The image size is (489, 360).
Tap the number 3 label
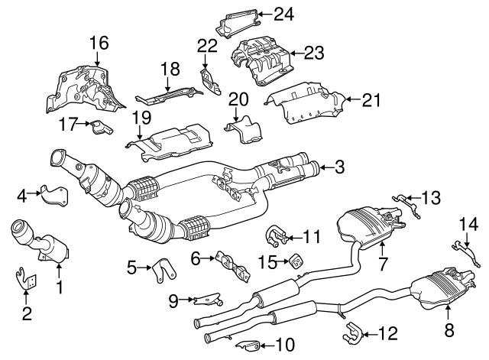click(x=339, y=166)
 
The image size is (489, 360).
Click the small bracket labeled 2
click(x=26, y=279)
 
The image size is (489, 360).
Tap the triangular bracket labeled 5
click(x=162, y=270)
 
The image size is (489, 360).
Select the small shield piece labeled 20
click(x=241, y=128)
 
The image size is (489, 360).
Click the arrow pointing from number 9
click(x=187, y=299)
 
